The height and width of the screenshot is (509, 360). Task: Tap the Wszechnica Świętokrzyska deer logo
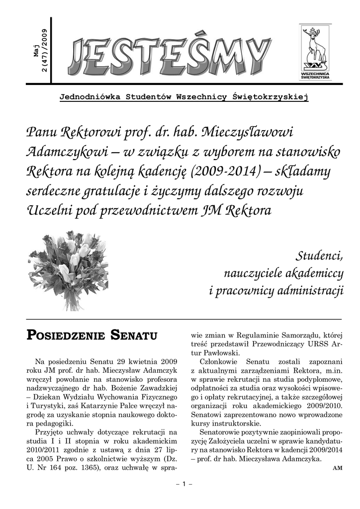click(313, 52)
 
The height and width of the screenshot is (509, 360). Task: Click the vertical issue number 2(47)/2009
click(45, 52)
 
